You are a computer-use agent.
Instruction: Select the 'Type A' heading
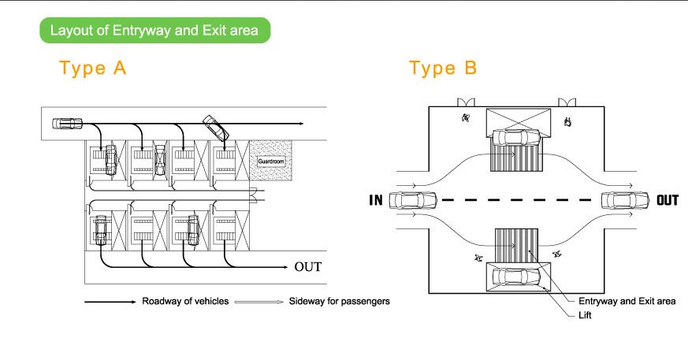93,69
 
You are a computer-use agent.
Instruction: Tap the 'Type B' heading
443,69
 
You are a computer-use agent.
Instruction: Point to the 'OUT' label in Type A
307,266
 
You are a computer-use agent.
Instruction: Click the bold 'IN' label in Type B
376,200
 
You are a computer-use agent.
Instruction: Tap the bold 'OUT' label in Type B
667,200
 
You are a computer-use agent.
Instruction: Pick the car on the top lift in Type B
515,137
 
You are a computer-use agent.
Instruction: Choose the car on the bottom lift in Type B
516,276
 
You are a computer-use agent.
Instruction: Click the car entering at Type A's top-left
67,123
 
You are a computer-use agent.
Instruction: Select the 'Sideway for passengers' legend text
339,301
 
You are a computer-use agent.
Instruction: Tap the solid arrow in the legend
110,302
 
